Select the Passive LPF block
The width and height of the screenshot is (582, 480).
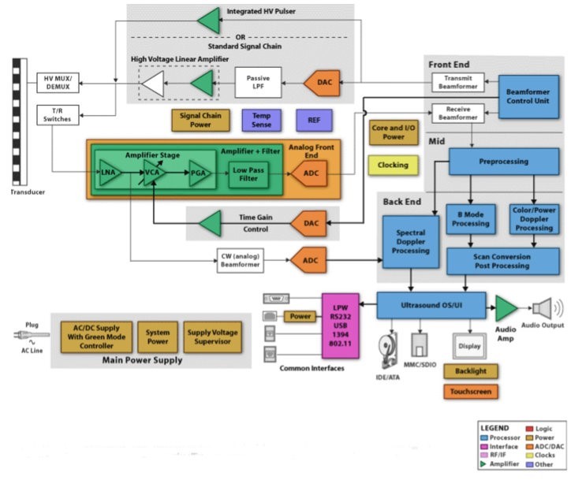point(258,82)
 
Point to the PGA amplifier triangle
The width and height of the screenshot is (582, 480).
point(200,173)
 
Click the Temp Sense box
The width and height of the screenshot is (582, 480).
point(261,120)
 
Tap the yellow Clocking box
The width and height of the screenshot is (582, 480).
point(393,165)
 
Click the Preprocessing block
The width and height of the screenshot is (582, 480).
point(504,162)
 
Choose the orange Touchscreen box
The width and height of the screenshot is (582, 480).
point(471,391)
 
